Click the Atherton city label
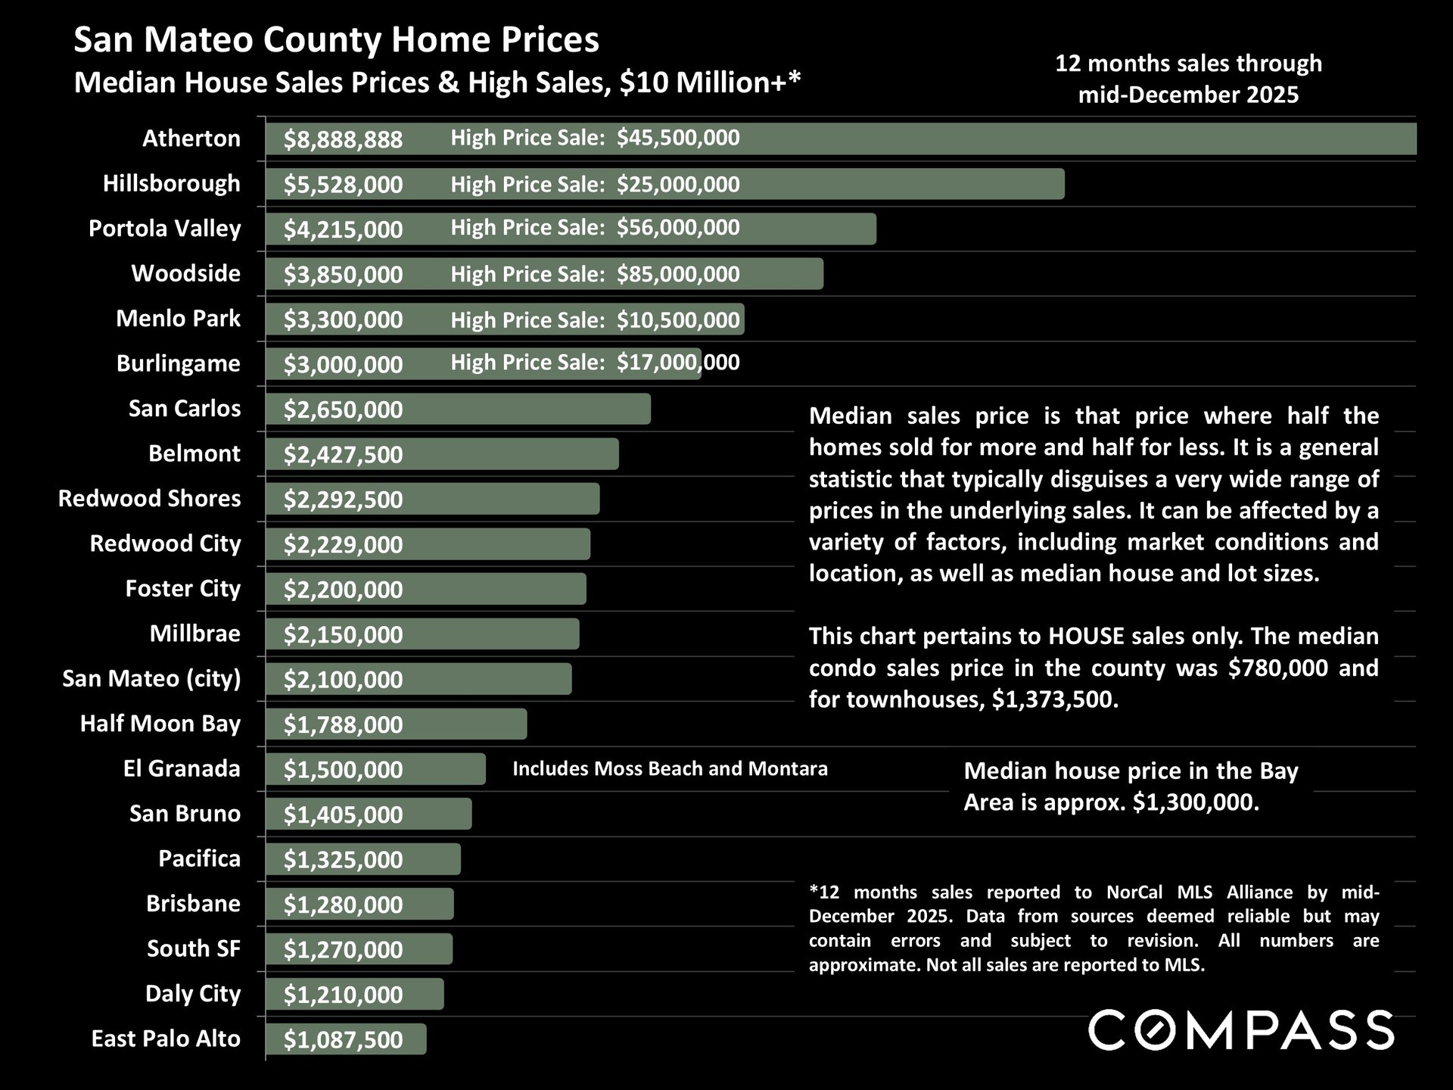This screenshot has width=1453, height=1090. [191, 139]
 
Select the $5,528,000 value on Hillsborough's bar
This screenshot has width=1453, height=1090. [343, 185]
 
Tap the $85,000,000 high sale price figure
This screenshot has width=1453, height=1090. [678, 274]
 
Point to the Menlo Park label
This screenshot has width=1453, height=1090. [178, 319]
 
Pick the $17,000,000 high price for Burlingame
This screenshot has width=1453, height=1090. [678, 363]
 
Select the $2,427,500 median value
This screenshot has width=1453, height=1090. [343, 455]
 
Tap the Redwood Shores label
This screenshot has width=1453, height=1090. [149, 499]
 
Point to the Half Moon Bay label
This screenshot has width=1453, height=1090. [160, 724]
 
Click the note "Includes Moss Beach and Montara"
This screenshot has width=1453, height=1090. [670, 769]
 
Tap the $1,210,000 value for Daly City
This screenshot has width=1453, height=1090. [343, 995]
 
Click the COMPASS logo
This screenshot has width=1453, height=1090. [1240, 1030]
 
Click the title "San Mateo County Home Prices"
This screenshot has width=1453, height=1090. [336, 40]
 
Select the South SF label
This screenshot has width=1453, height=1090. [193, 948]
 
